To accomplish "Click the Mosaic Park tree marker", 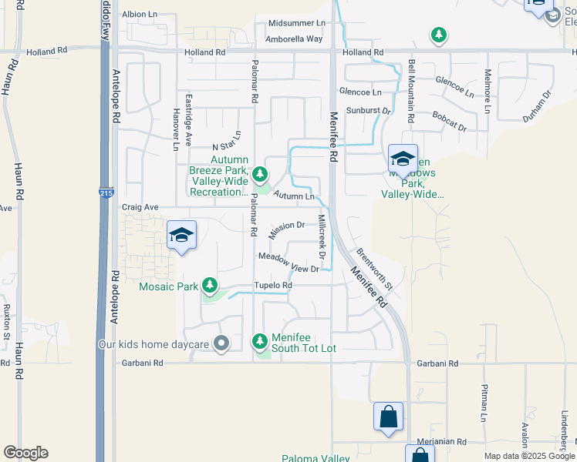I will (209, 286).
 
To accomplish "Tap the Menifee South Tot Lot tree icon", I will (260, 340).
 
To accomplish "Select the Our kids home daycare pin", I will (222, 343).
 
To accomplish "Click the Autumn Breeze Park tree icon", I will (260, 173).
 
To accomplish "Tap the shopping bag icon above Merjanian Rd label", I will (388, 417).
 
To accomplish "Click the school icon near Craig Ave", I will (181, 235).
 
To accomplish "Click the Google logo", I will (25, 453).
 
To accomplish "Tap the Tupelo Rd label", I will (275, 286).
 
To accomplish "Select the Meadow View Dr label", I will (288, 263).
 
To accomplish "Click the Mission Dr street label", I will (288, 226).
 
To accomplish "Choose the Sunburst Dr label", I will (369, 111).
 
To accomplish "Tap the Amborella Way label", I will (294, 38).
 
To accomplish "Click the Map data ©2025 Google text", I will (529, 456).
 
